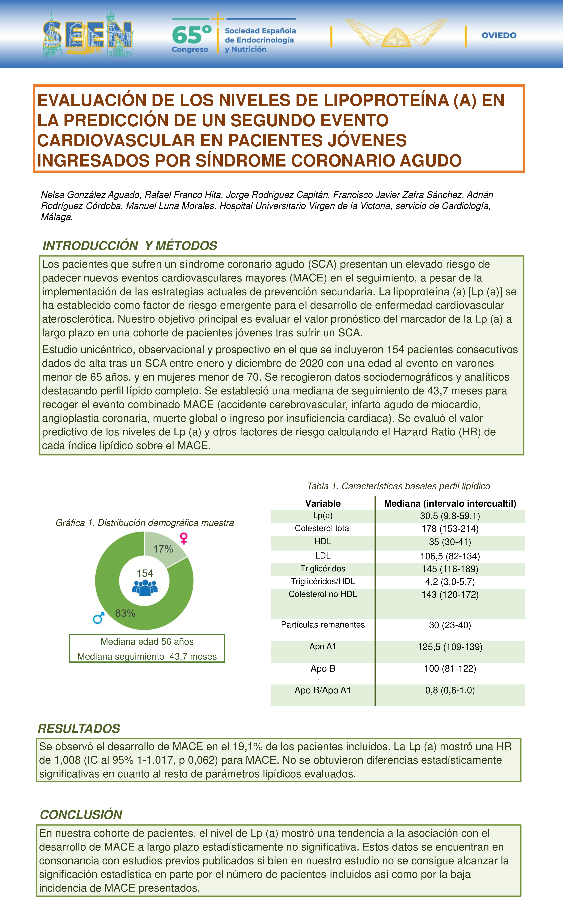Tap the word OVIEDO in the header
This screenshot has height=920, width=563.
click(x=499, y=36)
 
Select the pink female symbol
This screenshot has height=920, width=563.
click(x=184, y=538)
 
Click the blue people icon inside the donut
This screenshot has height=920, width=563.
click(x=145, y=588)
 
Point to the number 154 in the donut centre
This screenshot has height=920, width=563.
click(x=145, y=573)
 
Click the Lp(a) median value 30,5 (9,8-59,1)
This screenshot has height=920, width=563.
click(x=450, y=516)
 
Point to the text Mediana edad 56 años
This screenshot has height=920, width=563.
click(x=147, y=641)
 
